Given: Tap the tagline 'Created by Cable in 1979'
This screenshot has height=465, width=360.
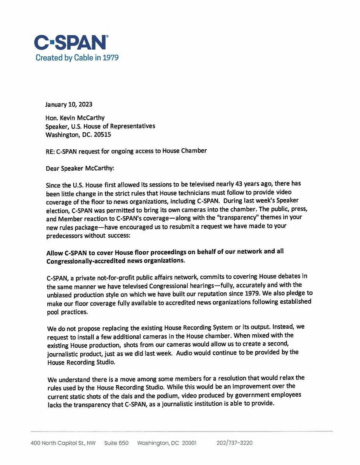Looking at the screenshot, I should click(77, 58).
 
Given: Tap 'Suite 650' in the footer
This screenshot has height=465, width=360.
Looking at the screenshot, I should click(116, 443).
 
